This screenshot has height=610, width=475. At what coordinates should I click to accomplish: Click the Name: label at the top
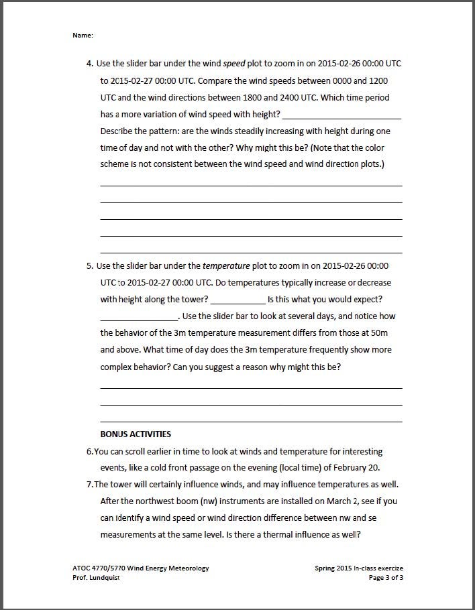(83, 35)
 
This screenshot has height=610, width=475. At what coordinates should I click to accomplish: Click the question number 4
(89, 64)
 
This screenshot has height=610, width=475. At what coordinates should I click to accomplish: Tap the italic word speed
(240, 64)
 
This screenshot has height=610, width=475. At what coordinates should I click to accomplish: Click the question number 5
(89, 265)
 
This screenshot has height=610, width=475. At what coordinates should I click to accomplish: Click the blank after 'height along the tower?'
(237, 300)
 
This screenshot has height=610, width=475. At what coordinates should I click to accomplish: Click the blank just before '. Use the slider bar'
(138, 317)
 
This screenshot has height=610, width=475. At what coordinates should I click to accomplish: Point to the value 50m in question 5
(380, 332)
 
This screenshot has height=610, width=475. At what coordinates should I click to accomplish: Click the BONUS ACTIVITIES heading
(136, 434)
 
